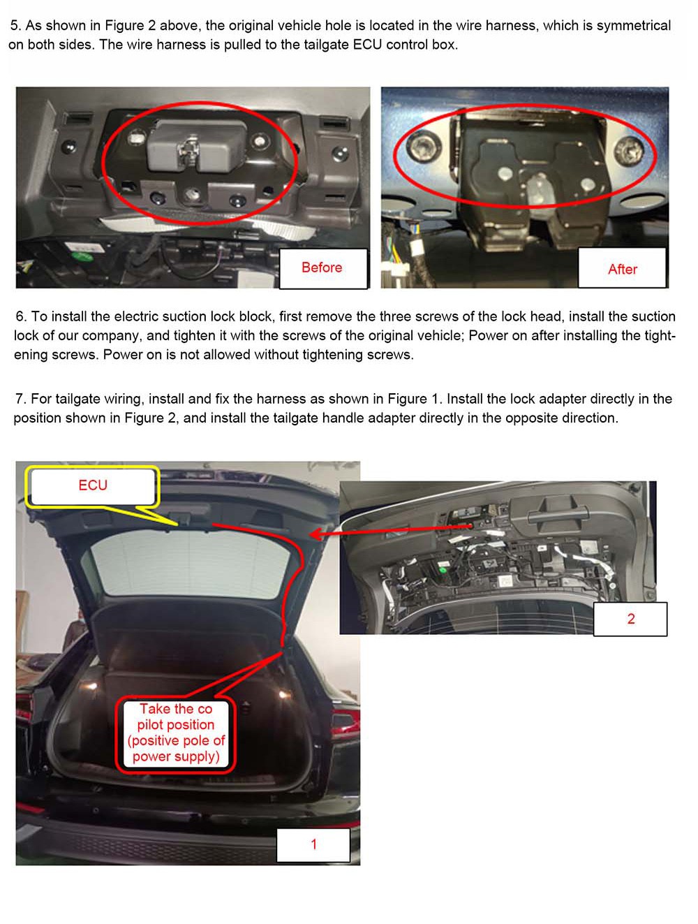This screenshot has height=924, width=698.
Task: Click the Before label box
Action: (x=322, y=268)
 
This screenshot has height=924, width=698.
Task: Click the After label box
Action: (x=621, y=267)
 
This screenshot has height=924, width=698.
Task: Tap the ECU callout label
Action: (x=93, y=485)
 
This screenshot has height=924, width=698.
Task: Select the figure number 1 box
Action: (x=313, y=844)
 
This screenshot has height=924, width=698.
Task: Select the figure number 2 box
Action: (x=630, y=619)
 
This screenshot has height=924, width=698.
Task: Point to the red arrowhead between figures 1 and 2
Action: (x=316, y=534)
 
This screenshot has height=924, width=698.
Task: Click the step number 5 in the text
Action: (x=15, y=25)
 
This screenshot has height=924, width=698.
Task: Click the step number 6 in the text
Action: (x=21, y=316)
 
